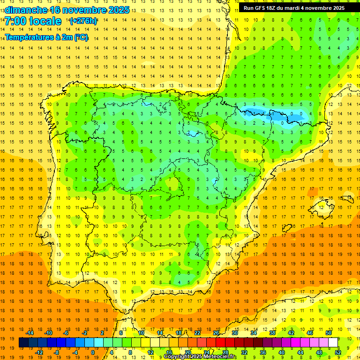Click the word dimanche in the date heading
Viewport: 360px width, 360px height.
26,10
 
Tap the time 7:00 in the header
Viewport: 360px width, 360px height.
17,22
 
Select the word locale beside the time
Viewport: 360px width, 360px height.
45,22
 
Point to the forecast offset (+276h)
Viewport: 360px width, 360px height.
83,21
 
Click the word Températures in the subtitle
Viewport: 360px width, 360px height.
29,37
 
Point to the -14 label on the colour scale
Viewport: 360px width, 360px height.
30,333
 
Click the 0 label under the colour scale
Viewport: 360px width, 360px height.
92,352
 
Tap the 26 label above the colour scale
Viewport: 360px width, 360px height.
216,333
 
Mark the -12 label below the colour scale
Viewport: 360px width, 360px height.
39,352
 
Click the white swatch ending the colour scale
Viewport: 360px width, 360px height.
333,343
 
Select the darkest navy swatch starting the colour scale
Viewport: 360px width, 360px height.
23,343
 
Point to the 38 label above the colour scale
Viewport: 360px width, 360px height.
272,333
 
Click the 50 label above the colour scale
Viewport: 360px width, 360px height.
329,333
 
